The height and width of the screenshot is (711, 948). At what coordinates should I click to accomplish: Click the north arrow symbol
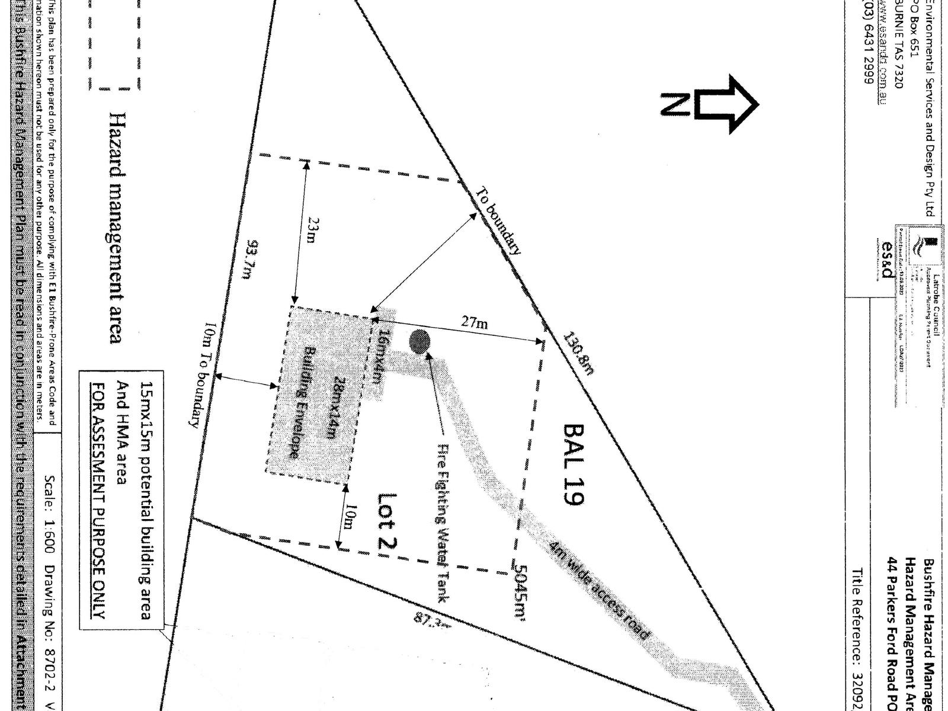pos(711,104)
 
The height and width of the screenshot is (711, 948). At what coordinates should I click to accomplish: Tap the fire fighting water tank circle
pos(420,341)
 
